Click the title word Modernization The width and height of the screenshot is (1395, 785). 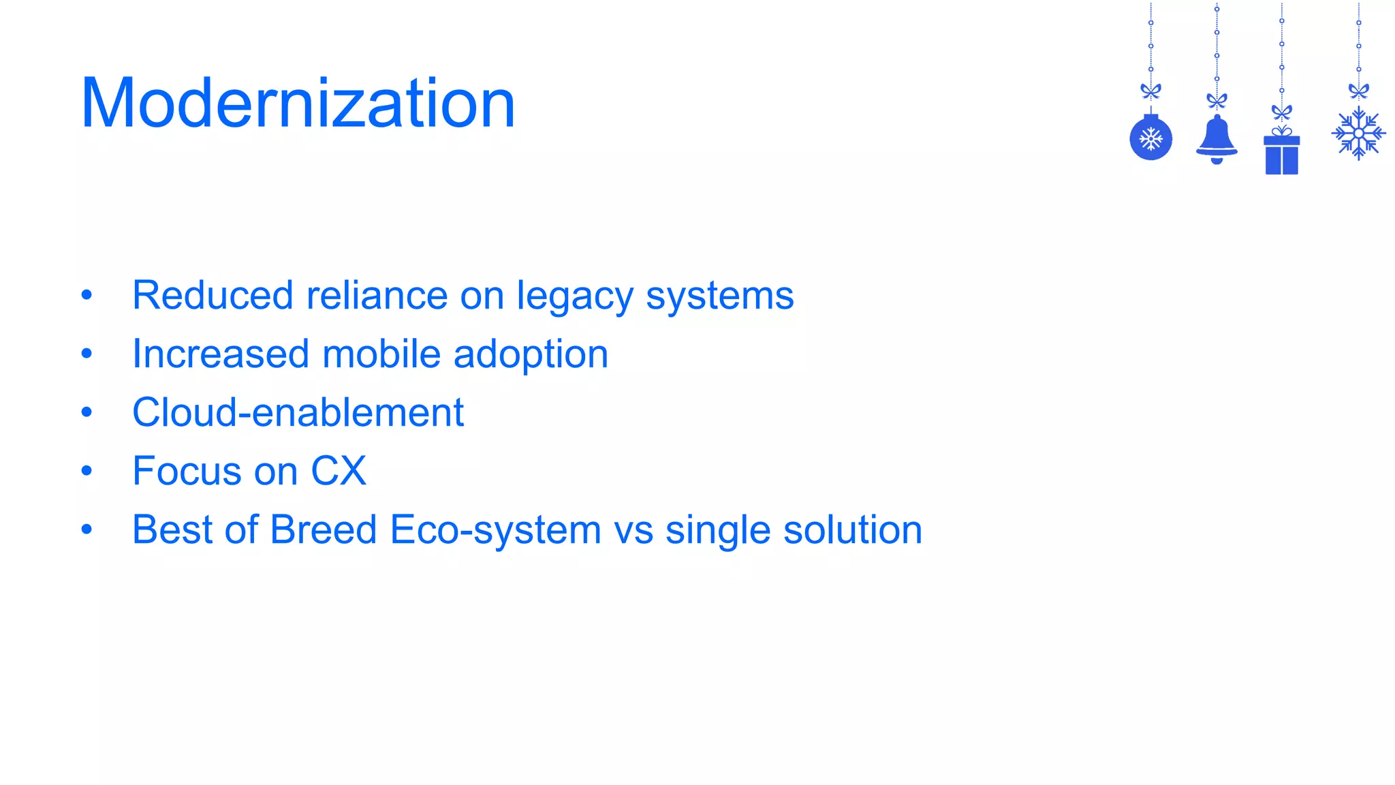(298, 104)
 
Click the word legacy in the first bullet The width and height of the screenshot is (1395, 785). (574, 296)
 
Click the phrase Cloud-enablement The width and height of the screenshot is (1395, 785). (298, 413)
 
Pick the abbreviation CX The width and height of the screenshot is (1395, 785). (339, 471)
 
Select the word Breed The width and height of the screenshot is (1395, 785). (323, 529)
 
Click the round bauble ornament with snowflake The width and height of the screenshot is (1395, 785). (1150, 139)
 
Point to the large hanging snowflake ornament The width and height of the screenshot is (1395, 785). (1358, 134)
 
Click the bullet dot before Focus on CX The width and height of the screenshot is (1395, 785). (87, 471)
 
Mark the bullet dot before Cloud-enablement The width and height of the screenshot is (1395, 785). (87, 412)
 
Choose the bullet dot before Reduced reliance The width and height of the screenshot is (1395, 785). (87, 295)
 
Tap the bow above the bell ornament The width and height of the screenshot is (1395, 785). (1217, 101)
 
